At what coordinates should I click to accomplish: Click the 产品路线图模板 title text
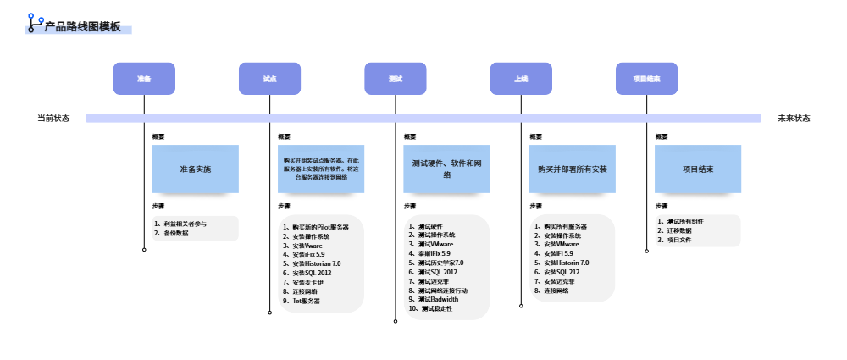pos(82,27)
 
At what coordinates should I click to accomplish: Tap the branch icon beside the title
pos(35,23)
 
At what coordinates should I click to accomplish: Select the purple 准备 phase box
pos(144,79)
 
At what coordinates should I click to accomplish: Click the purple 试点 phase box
pos(269,79)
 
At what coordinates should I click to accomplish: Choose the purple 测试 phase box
pos(395,79)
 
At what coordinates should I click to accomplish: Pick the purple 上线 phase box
pos(521,79)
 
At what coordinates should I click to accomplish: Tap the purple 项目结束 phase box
pos(646,79)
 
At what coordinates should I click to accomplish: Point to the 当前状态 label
pos(53,119)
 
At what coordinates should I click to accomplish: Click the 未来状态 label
pos(794,119)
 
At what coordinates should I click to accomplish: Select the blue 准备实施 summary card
pos(195,169)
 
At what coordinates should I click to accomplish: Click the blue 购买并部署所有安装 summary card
pos(572,169)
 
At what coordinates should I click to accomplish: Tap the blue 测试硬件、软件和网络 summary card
pos(446,169)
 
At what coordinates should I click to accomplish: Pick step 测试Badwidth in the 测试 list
pos(438,299)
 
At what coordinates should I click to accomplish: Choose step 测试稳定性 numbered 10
pos(436,308)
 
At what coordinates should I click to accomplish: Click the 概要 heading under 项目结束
pos(662,136)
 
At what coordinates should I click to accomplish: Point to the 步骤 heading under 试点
pos(285,206)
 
